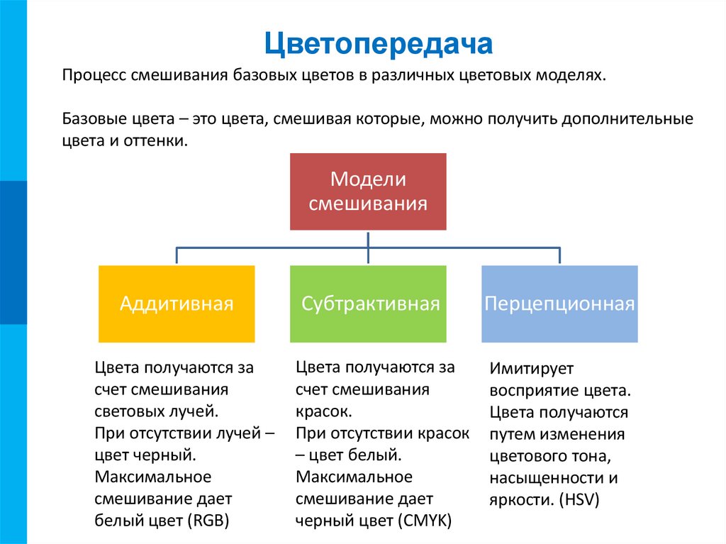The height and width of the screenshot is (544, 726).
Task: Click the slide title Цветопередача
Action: click(379, 44)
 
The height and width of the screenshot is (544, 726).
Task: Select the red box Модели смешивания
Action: click(368, 191)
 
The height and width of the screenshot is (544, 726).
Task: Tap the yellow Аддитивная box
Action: click(177, 304)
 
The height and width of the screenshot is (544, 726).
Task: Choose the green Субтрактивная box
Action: click(368, 304)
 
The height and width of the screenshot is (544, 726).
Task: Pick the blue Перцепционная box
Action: click(559, 304)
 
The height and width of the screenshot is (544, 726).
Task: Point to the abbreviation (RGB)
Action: click(209, 520)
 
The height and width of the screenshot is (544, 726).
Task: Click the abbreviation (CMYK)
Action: click(425, 520)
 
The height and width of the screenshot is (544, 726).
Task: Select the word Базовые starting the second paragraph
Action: click(94, 118)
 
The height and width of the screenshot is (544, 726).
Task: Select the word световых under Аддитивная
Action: click(128, 411)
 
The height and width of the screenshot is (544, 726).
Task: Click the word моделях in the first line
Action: click(576, 76)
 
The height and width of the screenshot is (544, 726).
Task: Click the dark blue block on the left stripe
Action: click(13, 252)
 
